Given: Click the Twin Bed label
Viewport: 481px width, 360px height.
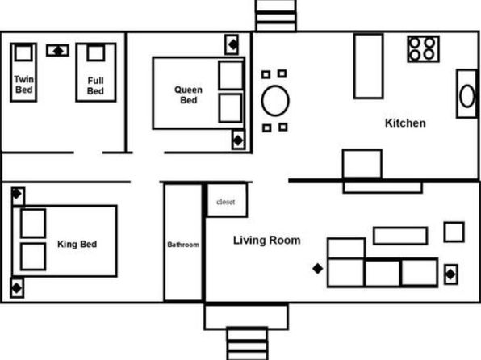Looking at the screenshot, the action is coord(24,85).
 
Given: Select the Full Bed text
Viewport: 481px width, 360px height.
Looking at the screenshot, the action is coord(95,86).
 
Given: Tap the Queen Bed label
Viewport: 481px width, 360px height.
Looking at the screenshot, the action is coord(188,94).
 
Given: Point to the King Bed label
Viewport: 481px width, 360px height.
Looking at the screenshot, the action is coord(77,244).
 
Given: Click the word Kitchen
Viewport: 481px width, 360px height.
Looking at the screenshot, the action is coord(405,123).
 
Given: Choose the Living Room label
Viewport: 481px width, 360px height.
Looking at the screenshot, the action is coord(267,240).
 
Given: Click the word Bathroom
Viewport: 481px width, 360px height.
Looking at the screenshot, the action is coord(183,245).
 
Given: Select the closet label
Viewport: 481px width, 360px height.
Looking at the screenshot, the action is coord(225,202).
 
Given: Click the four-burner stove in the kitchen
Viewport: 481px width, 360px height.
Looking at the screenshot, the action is coord(424,49).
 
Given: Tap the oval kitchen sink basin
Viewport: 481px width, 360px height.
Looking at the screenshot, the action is coord(467,96).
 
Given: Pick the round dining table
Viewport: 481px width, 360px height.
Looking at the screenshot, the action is coord(275,101).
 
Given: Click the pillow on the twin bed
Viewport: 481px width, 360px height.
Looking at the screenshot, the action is coord(23,52).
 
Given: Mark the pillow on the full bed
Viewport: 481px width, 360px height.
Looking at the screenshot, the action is coord(96,52).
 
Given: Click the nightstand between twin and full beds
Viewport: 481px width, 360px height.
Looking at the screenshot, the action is coord(57,50).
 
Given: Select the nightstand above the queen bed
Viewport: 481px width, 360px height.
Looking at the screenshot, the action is coord(232,44).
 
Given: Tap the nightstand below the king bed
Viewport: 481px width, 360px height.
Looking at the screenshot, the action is coord(17,288).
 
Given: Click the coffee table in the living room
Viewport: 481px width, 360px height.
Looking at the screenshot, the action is coord(400,236).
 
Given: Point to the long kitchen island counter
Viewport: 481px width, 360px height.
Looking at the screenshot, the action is coord(369,66).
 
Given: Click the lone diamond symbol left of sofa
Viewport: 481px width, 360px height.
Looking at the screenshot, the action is coord(318,269).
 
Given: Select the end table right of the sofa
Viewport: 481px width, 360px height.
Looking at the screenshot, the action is coord(451,274).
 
